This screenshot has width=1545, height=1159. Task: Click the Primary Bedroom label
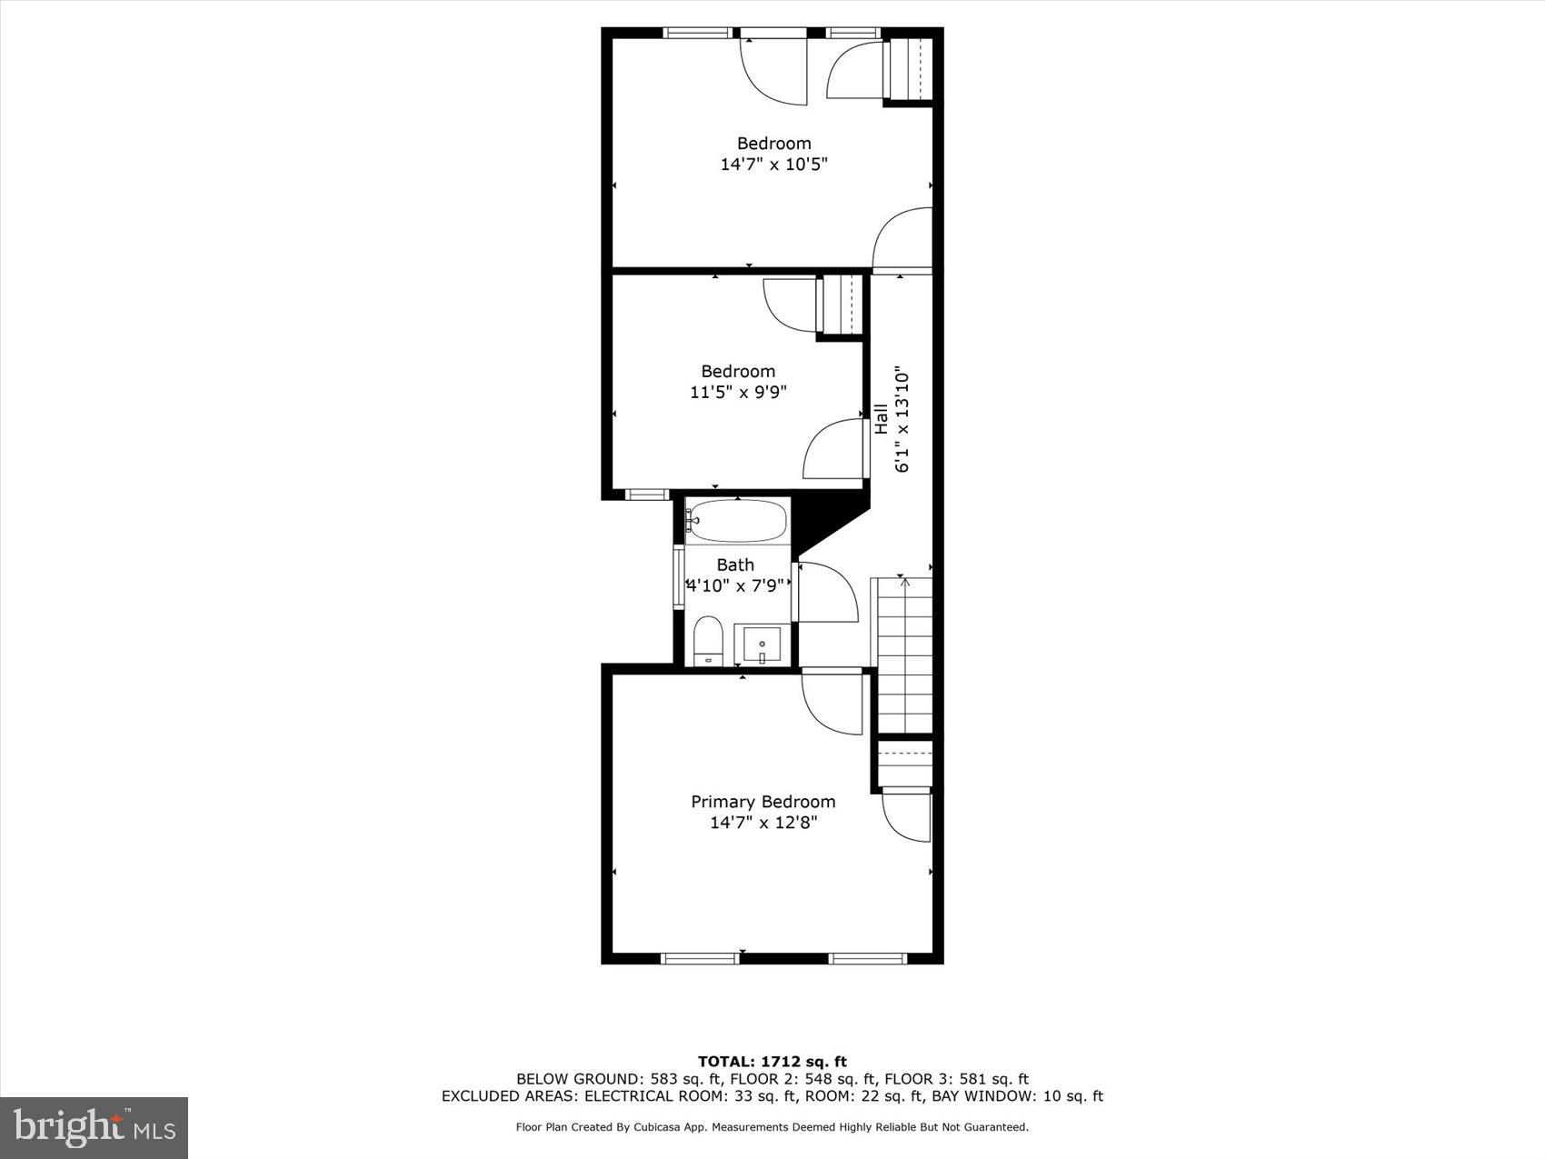[x=763, y=802]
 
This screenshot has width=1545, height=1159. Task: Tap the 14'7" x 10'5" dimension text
[x=773, y=165]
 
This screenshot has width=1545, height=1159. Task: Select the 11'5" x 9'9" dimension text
[x=737, y=393]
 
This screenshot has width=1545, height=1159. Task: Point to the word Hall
[x=881, y=418]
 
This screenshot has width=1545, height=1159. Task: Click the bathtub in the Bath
[x=736, y=521]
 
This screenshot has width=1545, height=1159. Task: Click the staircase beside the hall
[x=903, y=654]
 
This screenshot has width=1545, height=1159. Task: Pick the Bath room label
[x=735, y=565]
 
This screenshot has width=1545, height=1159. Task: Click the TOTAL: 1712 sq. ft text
[x=772, y=1061]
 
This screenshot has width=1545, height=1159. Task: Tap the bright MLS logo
[x=95, y=1127]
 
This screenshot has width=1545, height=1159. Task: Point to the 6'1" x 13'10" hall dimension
[x=902, y=420]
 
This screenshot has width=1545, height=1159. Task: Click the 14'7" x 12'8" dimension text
[x=763, y=823]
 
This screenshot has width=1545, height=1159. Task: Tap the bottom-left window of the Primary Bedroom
[x=699, y=957]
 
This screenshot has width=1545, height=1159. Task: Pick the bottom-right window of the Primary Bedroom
[x=868, y=957]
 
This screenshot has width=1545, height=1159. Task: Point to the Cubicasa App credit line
[x=772, y=1127]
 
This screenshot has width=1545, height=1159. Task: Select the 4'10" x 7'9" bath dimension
[x=734, y=585]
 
